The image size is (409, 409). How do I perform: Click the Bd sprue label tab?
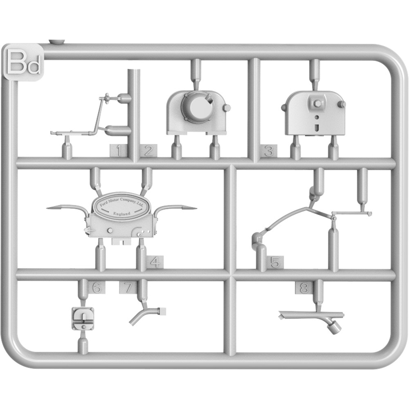click(x=23, y=62)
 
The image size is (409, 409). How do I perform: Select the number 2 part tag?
click(x=148, y=151)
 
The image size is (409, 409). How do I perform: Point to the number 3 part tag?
click(x=268, y=151)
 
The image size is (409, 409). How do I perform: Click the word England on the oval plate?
click(x=121, y=213)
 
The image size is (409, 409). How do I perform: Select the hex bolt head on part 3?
click(x=317, y=102)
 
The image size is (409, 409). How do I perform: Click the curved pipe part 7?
click(x=146, y=315)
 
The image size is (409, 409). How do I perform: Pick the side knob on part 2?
click(x=227, y=107)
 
